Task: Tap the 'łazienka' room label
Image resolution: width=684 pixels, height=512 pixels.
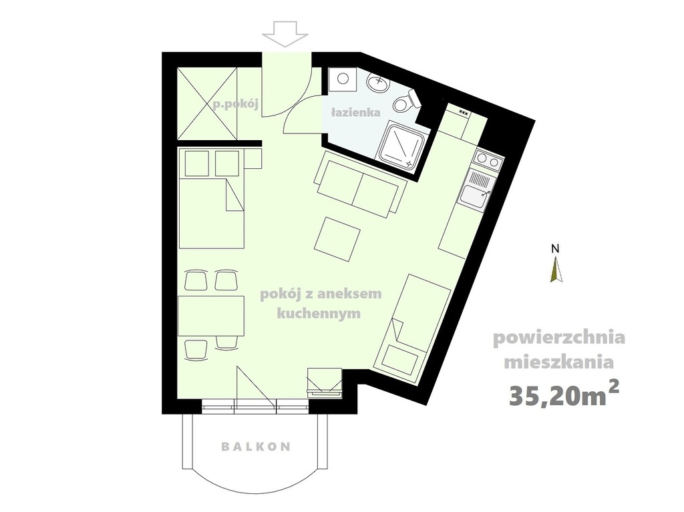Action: tap(355, 113)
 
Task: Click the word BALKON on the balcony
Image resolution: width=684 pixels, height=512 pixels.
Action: tap(256, 447)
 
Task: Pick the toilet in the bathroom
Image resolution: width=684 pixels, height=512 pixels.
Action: tap(405, 102)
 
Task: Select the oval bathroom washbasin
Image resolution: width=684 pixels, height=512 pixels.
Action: tap(378, 83)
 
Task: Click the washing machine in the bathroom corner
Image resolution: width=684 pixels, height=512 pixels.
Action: tap(343, 78)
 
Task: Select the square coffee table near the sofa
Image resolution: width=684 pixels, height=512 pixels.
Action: tap(337, 239)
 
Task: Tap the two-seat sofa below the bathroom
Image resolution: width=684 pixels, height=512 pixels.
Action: tap(359, 184)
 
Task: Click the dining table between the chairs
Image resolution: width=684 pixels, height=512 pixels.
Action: tap(211, 315)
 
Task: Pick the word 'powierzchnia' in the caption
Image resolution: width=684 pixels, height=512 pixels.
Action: tap(559, 337)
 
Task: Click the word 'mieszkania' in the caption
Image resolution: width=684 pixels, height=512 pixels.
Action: tap(559, 362)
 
